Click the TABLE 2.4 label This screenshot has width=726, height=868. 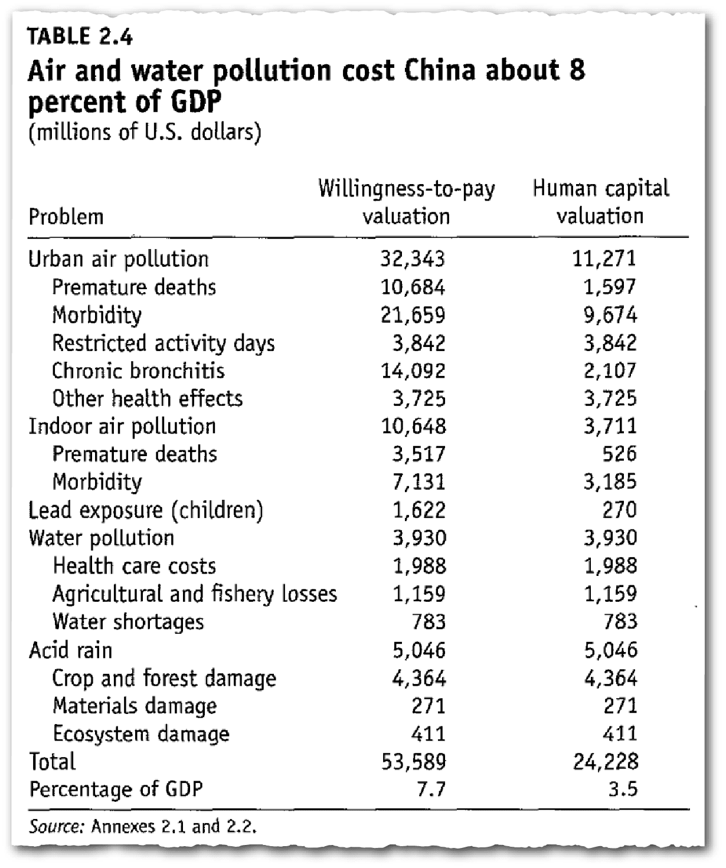[x=80, y=36]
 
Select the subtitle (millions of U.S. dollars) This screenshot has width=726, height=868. [x=145, y=133]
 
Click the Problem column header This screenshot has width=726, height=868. [x=66, y=217]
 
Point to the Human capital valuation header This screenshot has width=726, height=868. [x=601, y=202]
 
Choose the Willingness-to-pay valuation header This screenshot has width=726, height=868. [x=407, y=202]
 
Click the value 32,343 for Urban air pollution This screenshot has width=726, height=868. [x=413, y=258]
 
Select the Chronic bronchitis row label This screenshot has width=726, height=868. [x=138, y=371]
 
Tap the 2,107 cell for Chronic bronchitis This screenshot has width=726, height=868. [x=610, y=371]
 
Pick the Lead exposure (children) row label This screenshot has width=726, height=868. [x=146, y=510]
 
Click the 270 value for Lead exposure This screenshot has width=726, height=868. [x=620, y=510]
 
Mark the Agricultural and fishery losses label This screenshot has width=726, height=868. [x=195, y=594]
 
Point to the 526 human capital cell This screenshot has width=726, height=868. [x=620, y=454]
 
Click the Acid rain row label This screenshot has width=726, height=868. [x=70, y=650]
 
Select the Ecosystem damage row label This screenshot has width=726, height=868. [x=141, y=733]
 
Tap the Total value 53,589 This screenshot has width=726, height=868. [x=413, y=762]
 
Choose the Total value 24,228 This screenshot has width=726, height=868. [x=606, y=762]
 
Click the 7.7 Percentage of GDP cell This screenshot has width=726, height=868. [x=431, y=789]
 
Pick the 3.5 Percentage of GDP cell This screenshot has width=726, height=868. [x=623, y=789]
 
